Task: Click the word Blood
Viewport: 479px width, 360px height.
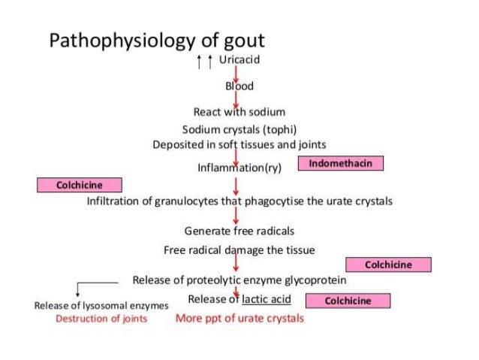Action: click(x=239, y=86)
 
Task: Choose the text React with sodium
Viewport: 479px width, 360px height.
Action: click(x=239, y=112)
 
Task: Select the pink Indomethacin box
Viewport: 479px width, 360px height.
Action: click(x=340, y=163)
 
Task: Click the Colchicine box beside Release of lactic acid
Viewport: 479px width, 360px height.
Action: click(x=348, y=301)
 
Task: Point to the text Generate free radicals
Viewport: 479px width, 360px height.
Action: click(x=239, y=230)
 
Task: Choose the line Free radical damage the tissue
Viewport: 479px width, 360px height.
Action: click(x=239, y=250)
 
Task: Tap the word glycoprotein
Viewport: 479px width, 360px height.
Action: click(x=315, y=280)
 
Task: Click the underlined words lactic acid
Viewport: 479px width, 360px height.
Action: click(x=266, y=299)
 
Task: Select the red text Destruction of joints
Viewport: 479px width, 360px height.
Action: click(x=101, y=318)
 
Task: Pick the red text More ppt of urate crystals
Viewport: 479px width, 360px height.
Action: click(x=239, y=318)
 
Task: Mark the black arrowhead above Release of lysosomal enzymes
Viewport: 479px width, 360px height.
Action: click(x=78, y=293)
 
